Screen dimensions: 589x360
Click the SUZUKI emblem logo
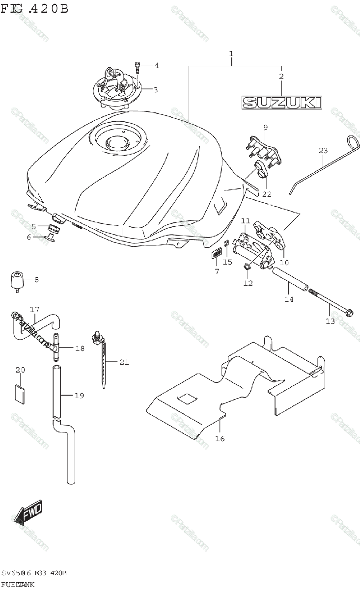[282, 102]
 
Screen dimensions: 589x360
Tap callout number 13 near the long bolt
[330, 321]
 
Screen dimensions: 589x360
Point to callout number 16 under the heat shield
[220, 438]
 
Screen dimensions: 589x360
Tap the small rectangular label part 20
[20, 394]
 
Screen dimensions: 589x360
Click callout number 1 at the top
[231, 53]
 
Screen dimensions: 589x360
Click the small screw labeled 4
[138, 65]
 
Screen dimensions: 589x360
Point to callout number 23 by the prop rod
[322, 151]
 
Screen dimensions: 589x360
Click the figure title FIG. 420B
[34, 9]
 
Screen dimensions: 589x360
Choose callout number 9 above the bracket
[265, 128]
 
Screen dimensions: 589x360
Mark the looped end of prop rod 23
[353, 143]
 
